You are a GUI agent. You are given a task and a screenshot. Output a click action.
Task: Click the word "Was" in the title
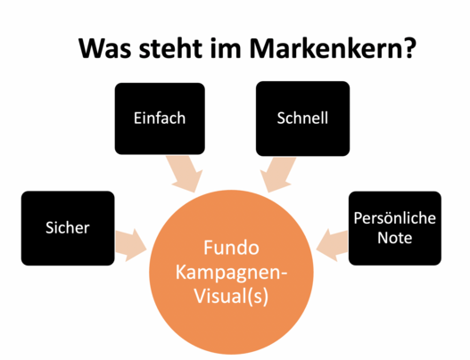pyautogui.click(x=105, y=48)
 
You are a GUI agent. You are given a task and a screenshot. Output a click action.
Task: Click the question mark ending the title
pyautogui.click(x=409, y=47)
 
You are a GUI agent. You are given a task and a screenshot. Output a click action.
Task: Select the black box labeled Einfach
pyautogui.click(x=160, y=119)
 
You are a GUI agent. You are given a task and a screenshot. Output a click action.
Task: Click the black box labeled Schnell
pyautogui.click(x=302, y=119)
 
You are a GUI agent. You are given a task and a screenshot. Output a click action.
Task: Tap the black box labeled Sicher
pyautogui.click(x=68, y=228)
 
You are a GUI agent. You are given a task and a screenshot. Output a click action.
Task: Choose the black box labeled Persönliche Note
pyautogui.click(x=395, y=228)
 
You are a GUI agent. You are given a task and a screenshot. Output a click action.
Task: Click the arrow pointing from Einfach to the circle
pyautogui.click(x=185, y=174)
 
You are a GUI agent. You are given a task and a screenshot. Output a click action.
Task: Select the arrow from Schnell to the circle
pyautogui.click(x=277, y=175)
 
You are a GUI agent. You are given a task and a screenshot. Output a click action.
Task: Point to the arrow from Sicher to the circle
pyautogui.click(x=131, y=245)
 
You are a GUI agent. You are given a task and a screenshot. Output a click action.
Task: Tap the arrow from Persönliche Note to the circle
pyautogui.click(x=332, y=245)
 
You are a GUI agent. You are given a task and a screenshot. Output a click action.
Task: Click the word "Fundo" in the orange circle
pyautogui.click(x=231, y=248)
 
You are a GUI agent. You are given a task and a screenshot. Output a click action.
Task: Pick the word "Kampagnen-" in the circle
pyautogui.click(x=231, y=273)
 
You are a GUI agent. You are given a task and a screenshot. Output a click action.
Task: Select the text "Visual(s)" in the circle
pyautogui.click(x=231, y=296)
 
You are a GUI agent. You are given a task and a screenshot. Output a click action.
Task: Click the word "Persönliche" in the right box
pyautogui.click(x=394, y=217)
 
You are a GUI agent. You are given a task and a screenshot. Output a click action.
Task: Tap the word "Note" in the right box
pyautogui.click(x=394, y=238)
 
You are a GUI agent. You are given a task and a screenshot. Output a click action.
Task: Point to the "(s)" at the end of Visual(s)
pyautogui.click(x=260, y=297)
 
